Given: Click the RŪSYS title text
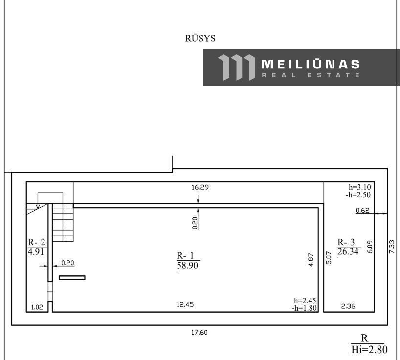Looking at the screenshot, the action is coord(200,38).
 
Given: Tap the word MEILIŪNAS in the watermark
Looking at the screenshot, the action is coord(311,64).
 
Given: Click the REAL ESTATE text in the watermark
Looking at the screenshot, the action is coord(311,75).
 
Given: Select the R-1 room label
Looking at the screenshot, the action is coord(185,255).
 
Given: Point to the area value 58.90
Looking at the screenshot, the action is coord(187,265).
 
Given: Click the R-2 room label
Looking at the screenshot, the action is coord(37,242).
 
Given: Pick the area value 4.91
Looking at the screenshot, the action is coord(36,252).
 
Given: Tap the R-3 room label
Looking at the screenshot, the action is coord(346,242).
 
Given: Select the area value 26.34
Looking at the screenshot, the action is coord(348,251).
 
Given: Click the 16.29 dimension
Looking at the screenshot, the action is coord(200,187).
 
